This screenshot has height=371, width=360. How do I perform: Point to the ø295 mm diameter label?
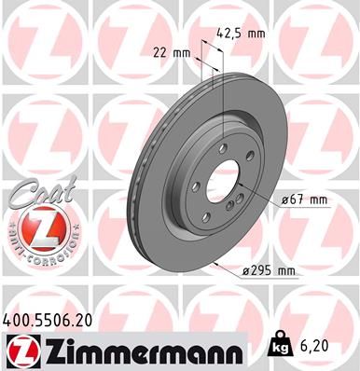[267, 270]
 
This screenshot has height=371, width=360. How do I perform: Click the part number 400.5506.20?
[49, 319]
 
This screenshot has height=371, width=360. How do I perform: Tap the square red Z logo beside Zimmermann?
[18, 351]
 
